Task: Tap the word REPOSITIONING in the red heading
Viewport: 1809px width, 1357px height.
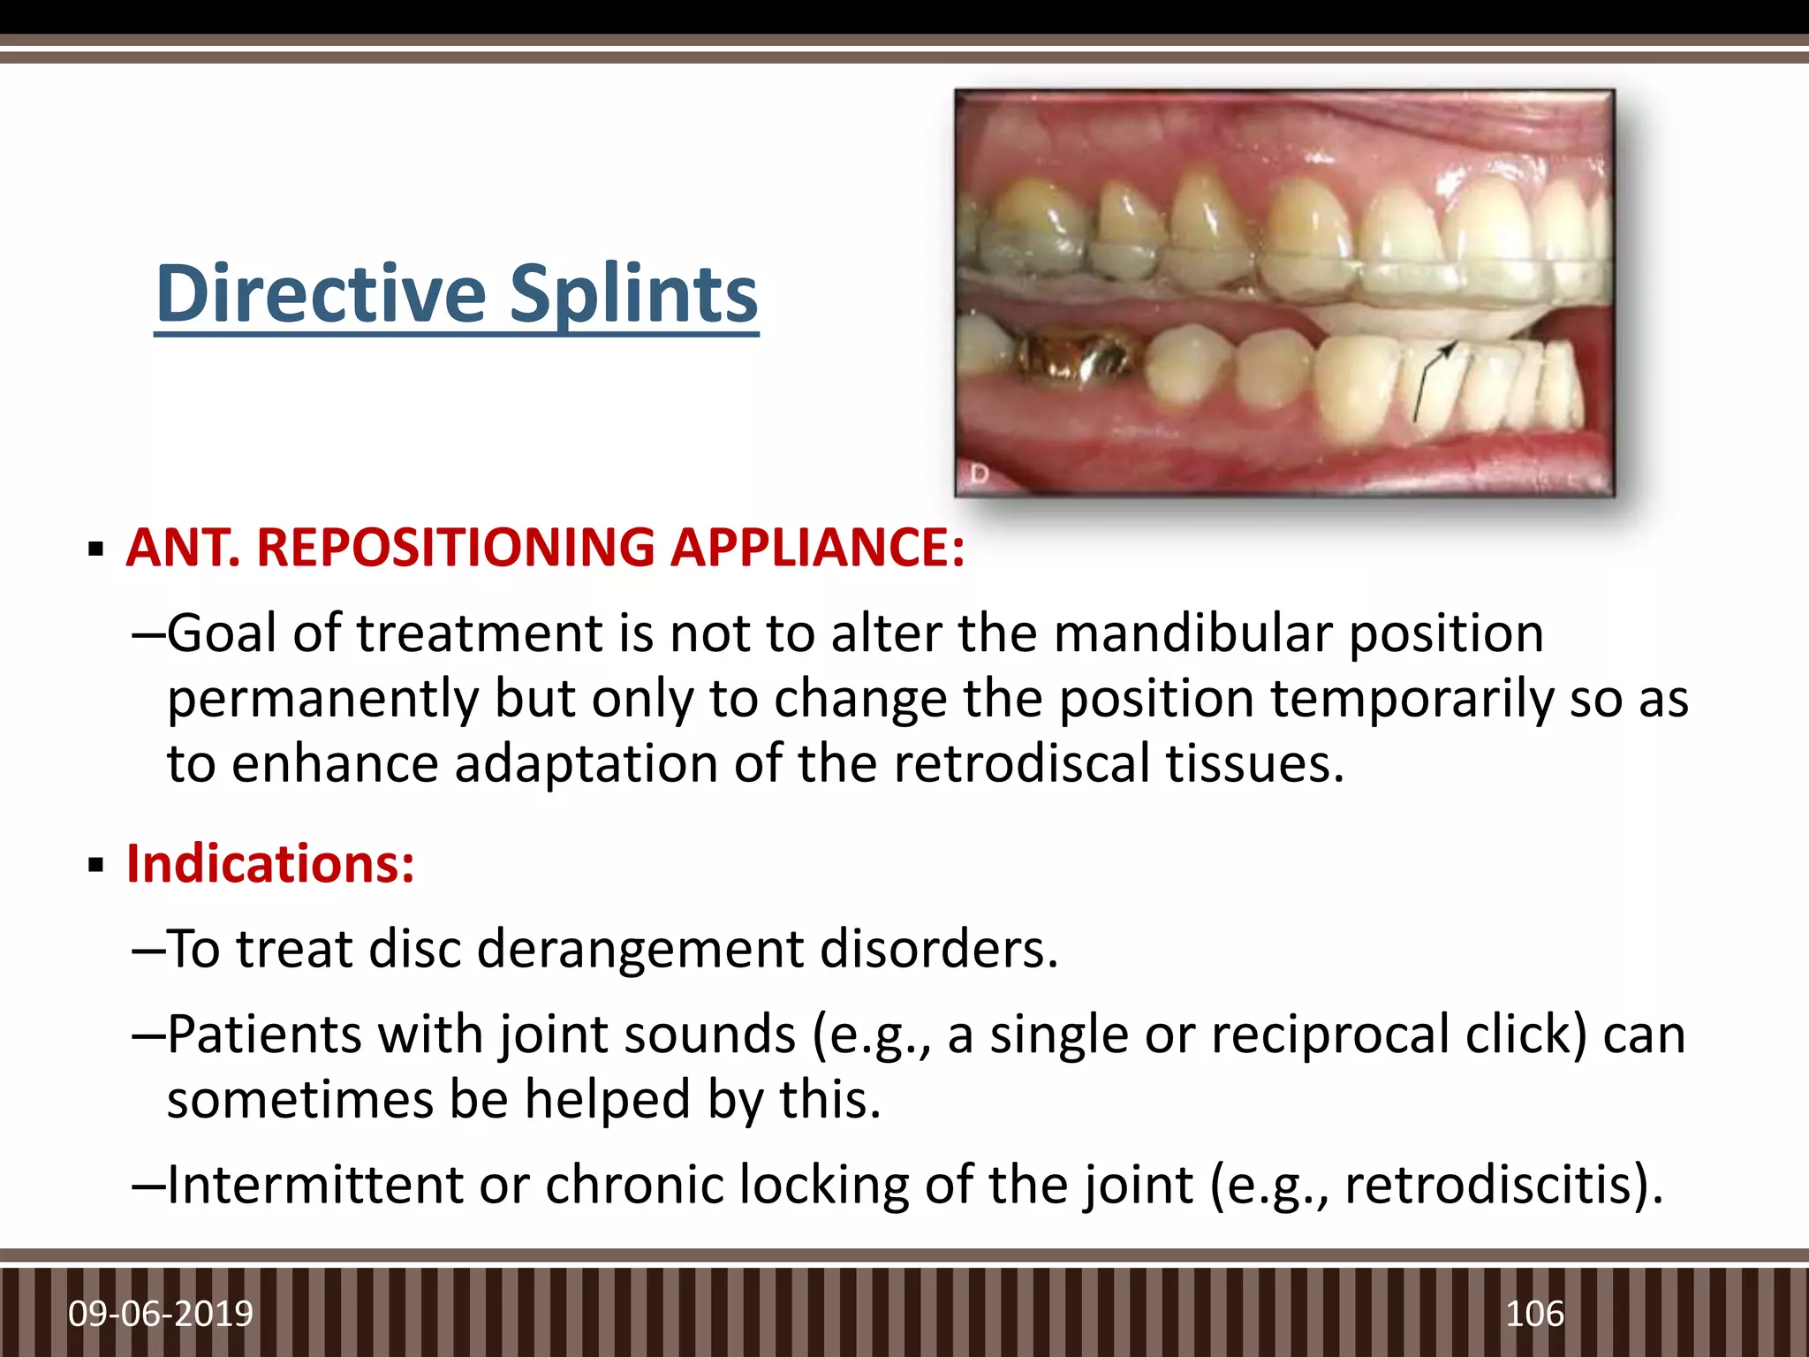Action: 455,548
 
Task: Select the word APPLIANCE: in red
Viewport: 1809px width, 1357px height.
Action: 817,548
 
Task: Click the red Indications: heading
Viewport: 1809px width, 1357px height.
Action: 270,863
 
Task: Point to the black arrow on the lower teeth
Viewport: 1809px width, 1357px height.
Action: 1431,380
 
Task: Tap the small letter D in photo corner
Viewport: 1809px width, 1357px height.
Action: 978,475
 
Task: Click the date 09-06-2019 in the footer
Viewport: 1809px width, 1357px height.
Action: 161,1314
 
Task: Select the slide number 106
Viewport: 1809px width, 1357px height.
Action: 1534,1314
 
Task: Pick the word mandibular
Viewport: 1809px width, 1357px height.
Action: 1192,633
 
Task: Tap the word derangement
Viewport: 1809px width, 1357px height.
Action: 640,950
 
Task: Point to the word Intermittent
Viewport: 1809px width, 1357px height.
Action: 314,1185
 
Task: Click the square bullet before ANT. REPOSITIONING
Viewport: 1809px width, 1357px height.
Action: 96,550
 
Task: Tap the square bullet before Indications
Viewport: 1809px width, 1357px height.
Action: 96,866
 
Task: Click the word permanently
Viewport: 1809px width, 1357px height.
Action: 322,700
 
